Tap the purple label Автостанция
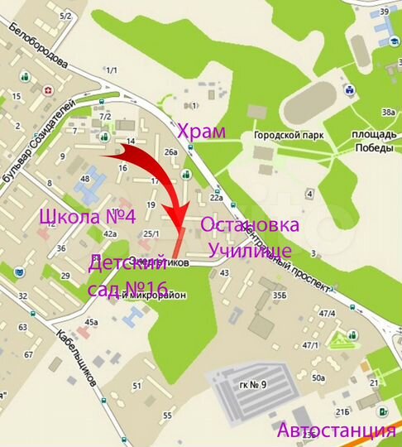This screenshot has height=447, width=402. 336,430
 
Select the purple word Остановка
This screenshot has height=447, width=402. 249,226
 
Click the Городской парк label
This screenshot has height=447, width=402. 289,136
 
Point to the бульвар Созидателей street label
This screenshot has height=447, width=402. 39,141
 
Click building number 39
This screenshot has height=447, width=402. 385,11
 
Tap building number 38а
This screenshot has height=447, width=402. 387,113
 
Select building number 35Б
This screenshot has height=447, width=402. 280,294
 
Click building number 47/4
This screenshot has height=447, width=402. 327,313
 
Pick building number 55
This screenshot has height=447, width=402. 167,415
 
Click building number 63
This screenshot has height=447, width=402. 23,328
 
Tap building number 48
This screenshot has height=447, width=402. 84,179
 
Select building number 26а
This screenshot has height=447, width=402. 171,152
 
